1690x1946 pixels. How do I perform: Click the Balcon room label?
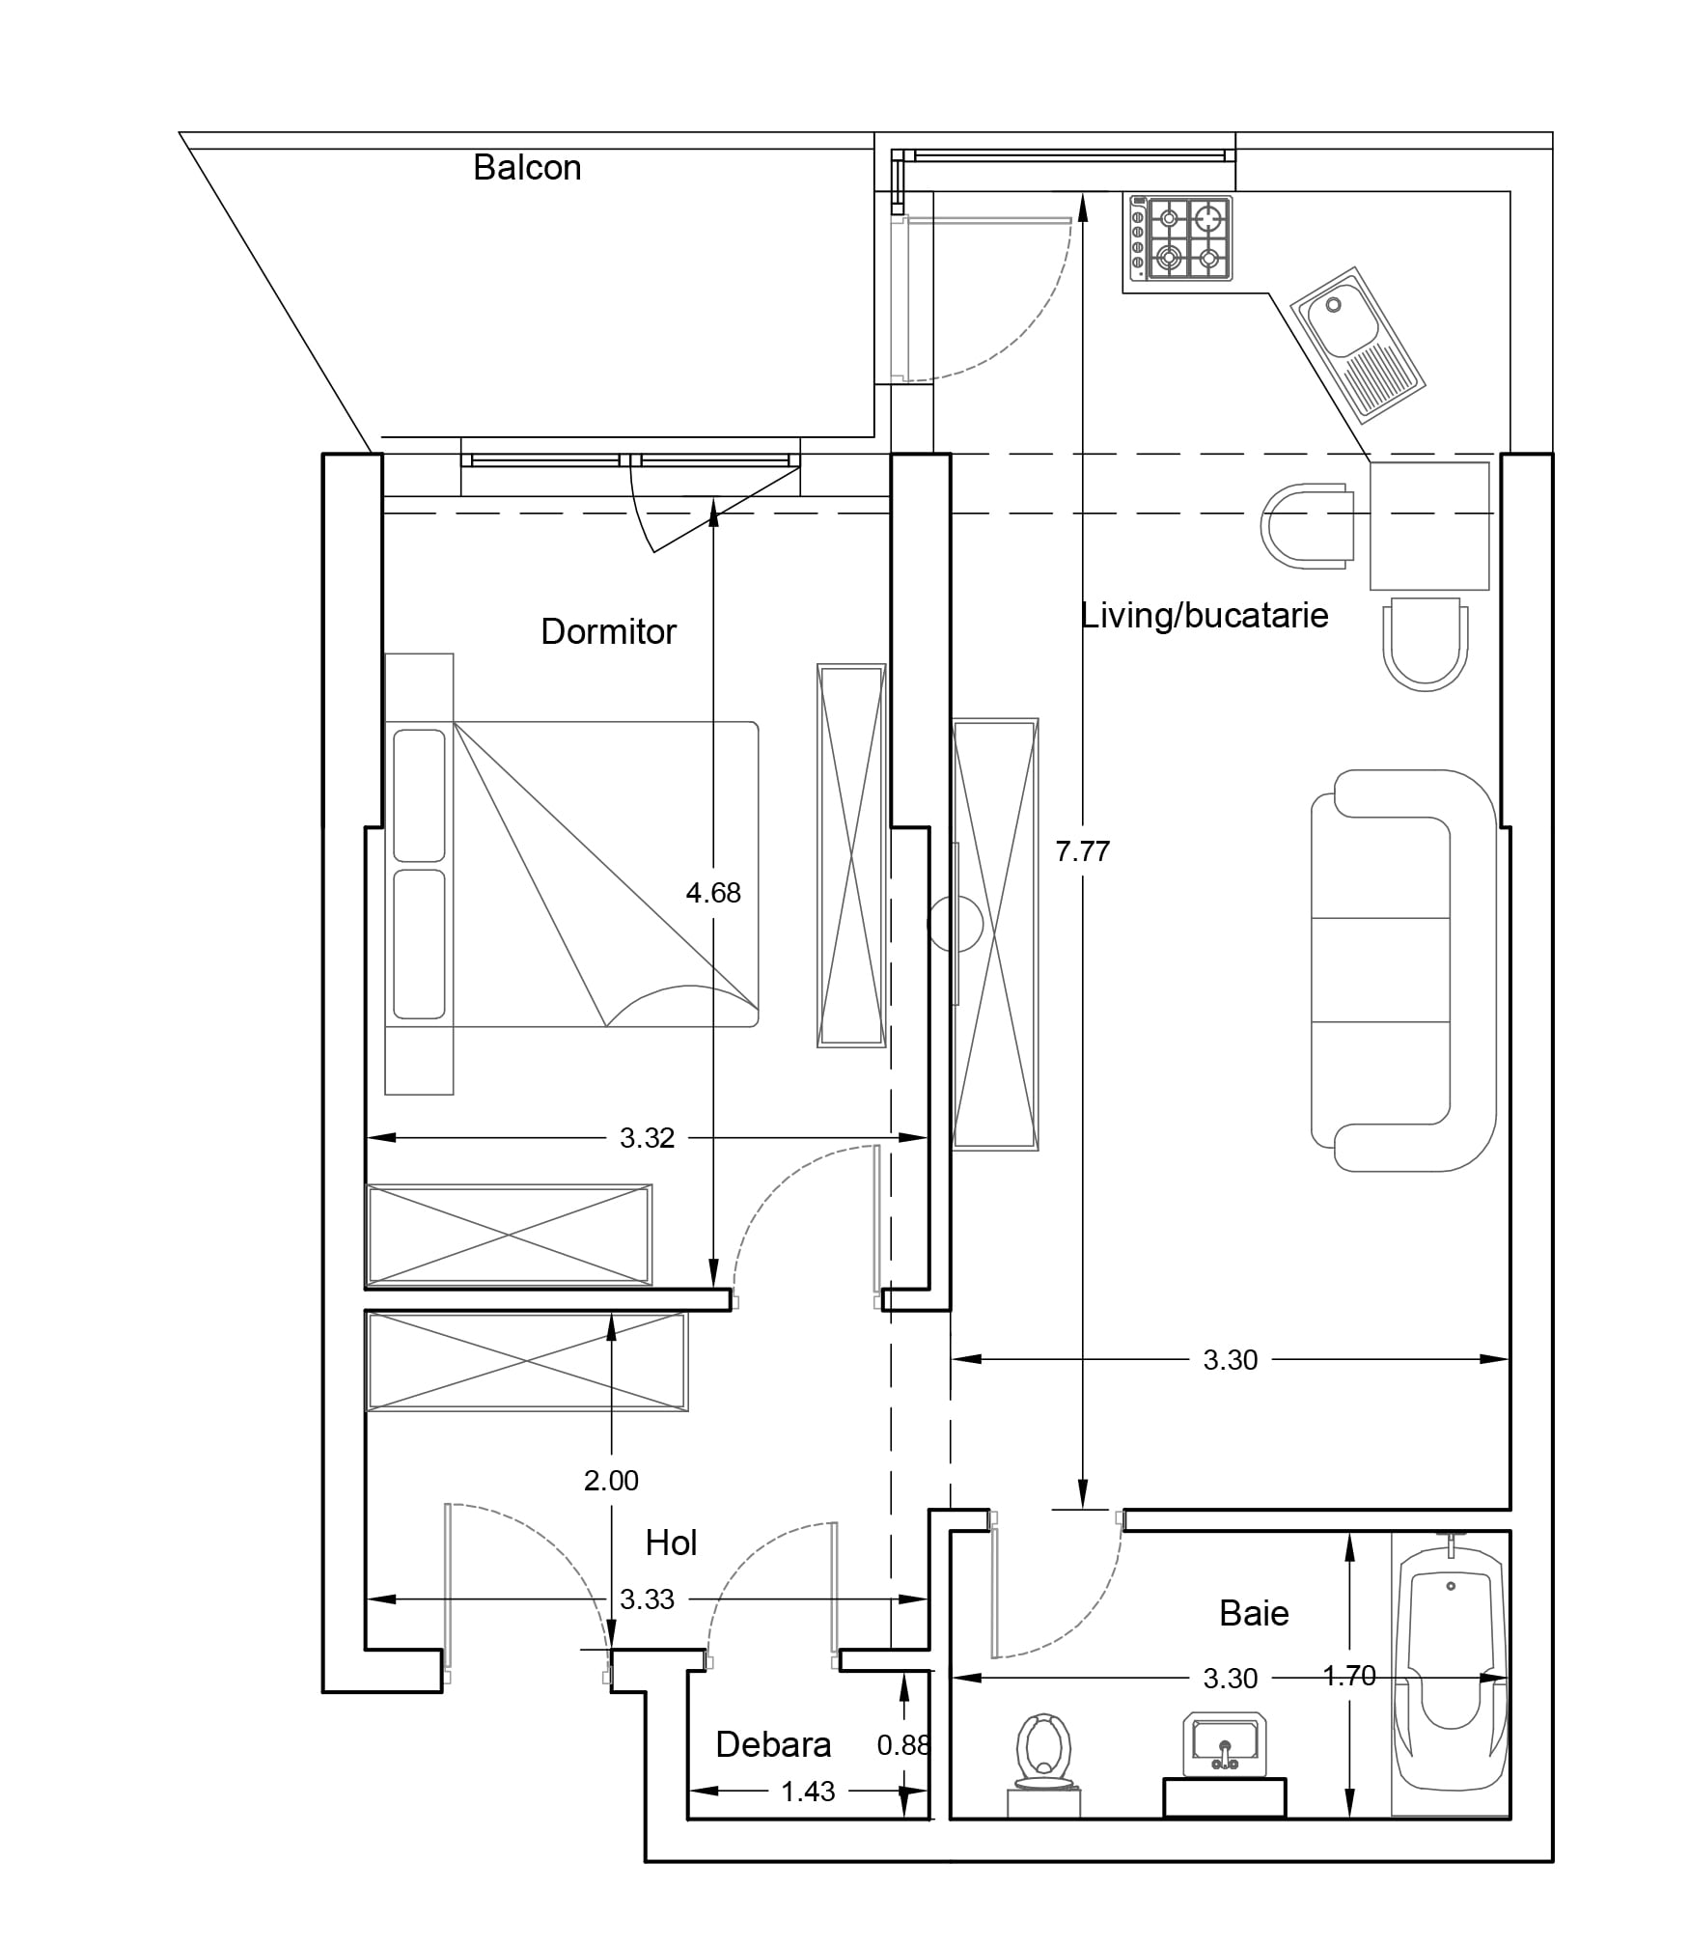tap(527, 168)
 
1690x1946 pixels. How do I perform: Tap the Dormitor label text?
tap(608, 631)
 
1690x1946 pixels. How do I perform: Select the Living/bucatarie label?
tap(1204, 615)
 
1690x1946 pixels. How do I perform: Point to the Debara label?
tap(773, 1744)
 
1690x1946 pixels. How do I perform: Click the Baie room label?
tap(1254, 1613)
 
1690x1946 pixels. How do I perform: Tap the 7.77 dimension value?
tap(1082, 851)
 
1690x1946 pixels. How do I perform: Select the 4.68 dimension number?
tap(713, 893)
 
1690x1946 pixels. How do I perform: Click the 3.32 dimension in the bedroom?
tap(647, 1138)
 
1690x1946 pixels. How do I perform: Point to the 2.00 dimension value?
tap(611, 1480)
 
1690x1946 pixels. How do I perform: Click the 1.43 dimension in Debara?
tap(808, 1792)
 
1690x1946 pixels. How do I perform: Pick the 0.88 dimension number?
tap(903, 1745)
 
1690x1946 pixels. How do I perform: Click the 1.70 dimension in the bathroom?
tap(1349, 1677)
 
